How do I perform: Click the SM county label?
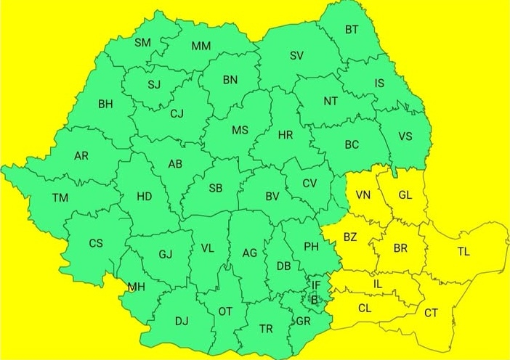coord(142,42)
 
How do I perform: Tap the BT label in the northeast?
coord(352,30)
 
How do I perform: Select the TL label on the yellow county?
coord(464,252)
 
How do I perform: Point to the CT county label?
coord(431,313)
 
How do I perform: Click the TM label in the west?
coord(60,197)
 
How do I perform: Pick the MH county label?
coord(137,287)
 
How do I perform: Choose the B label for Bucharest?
coord(314,298)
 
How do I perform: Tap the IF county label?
coord(316,285)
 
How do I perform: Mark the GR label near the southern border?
coord(304,321)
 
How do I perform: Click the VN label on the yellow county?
coord(363,195)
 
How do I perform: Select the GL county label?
coord(405,195)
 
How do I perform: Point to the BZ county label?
coord(350,237)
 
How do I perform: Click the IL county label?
coord(377,284)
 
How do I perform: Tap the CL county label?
coord(365,307)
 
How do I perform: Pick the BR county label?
coord(400,248)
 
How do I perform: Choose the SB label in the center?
coord(216,188)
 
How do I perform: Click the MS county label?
coord(239,131)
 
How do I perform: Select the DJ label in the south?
coord(181,319)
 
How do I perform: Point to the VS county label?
coord(405,136)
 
